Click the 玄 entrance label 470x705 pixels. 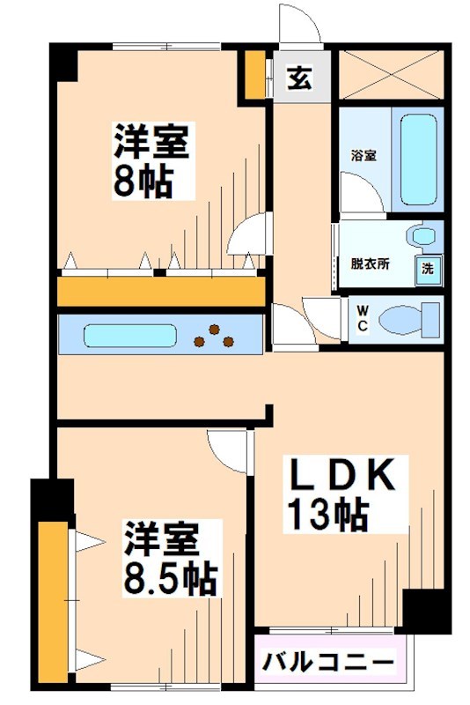299,78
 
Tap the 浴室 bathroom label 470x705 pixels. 364,156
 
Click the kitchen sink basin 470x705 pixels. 130,336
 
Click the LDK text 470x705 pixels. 341,477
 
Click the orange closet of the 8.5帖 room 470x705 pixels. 53,599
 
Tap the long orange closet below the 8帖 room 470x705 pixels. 162,292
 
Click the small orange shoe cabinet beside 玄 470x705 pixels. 254,77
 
